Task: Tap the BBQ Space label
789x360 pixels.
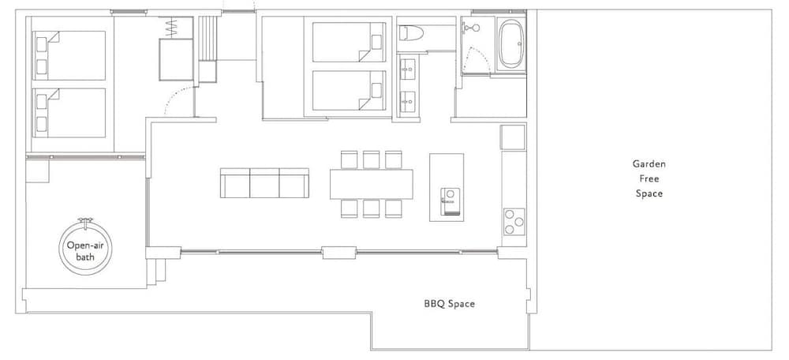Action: coord(450,304)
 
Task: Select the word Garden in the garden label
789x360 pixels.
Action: coord(649,163)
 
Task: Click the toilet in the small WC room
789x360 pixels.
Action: coord(412,33)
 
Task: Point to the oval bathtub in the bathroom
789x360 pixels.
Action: coord(511,43)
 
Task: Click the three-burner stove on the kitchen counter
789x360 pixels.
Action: coord(514,222)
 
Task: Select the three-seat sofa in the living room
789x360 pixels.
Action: coord(264,183)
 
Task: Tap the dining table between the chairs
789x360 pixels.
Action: coord(372,184)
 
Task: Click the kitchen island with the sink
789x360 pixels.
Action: coord(447,187)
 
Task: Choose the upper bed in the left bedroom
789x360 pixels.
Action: coord(69,55)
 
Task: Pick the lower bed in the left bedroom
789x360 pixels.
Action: coord(69,113)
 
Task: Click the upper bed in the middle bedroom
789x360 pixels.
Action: coord(349,43)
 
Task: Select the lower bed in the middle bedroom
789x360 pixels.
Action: coord(349,90)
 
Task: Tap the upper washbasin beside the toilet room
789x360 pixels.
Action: coord(408,66)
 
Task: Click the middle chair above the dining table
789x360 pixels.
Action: coord(372,159)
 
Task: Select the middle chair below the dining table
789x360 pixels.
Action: coord(372,209)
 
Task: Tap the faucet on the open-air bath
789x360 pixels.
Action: coord(85,221)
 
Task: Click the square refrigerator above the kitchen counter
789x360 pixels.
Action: coord(513,137)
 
